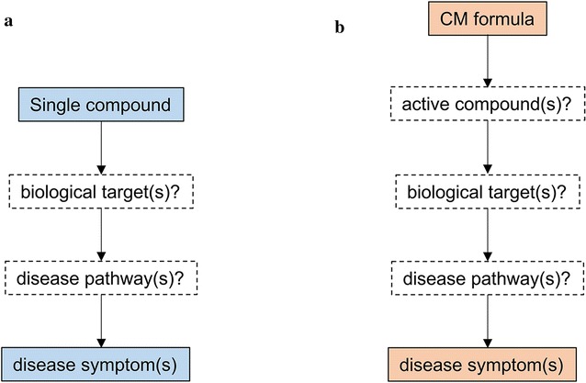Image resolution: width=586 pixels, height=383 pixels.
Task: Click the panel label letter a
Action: click(8, 22)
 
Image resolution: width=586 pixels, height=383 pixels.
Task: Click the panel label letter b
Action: click(340, 28)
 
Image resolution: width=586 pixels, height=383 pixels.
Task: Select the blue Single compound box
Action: click(100, 105)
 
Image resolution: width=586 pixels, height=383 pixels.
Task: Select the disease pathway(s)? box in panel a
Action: click(100, 276)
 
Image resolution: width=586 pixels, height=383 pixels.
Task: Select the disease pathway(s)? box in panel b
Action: click(488, 276)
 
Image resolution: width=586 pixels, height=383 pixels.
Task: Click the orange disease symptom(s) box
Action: click(488, 361)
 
